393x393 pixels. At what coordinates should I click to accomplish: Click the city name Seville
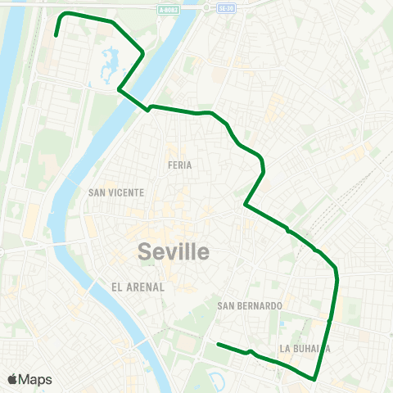pos(174,251)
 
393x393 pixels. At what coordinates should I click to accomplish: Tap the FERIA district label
pos(179,165)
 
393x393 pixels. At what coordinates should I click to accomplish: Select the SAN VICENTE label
pos(115,192)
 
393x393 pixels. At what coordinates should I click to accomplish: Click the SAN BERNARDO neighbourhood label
pos(250,305)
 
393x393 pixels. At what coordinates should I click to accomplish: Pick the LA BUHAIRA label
pos(305,348)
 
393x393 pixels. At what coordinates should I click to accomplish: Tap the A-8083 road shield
pos(169,9)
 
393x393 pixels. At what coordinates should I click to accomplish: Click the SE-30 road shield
pos(227,8)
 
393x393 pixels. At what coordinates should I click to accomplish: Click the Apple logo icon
pos(12,379)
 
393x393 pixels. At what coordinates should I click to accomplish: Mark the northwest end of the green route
pos(55,36)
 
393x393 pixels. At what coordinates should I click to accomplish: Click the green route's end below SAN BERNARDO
pos(218,345)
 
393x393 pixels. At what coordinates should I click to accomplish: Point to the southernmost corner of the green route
pos(315,379)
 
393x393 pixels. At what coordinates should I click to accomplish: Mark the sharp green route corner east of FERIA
pos(245,205)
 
